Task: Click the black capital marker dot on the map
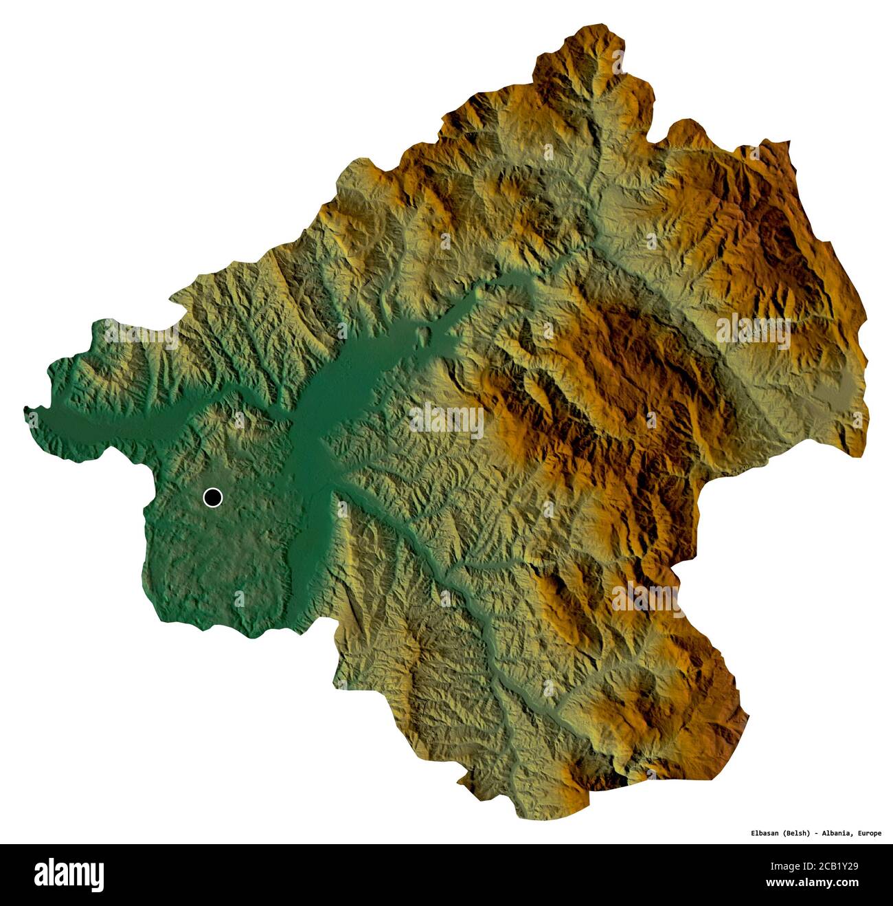click(213, 497)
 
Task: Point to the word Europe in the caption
click(869, 834)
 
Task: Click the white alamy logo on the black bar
click(69, 874)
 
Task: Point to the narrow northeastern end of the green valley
click(522, 275)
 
